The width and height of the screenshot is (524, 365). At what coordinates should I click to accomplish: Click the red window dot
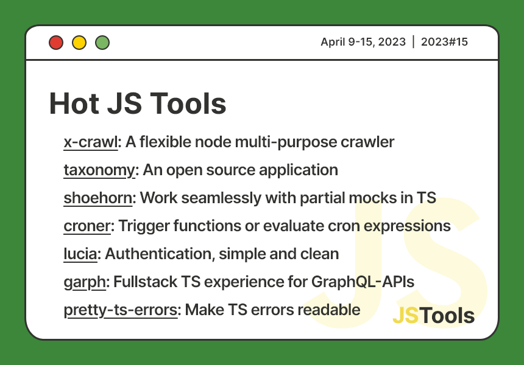click(x=56, y=43)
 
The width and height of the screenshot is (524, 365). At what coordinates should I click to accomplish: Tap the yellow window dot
click(x=79, y=43)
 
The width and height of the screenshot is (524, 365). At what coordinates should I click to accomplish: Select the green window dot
click(x=102, y=43)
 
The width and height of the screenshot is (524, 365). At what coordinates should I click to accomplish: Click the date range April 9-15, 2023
click(x=363, y=42)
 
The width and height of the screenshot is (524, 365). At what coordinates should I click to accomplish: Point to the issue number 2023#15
click(x=444, y=42)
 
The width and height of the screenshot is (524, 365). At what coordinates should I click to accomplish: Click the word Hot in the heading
click(x=73, y=103)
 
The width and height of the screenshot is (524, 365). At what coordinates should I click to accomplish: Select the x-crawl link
click(x=90, y=142)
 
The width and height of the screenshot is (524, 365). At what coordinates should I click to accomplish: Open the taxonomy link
click(x=99, y=170)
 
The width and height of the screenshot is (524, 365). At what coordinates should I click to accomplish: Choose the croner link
click(x=87, y=226)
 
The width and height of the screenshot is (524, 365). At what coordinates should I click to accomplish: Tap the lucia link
click(x=80, y=254)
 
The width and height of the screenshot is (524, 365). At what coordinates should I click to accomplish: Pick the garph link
click(x=85, y=282)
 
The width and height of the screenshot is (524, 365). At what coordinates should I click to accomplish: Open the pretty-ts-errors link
click(x=121, y=310)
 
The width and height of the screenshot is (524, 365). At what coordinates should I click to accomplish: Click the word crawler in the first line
click(x=368, y=142)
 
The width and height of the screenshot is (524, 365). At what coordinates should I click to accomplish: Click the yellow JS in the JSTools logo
click(x=406, y=316)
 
